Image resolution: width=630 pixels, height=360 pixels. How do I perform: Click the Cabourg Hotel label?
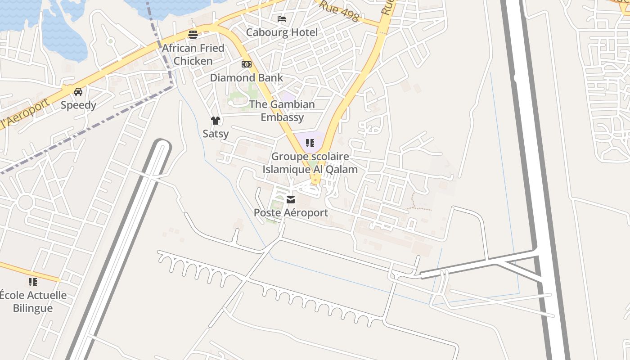click(x=282, y=32)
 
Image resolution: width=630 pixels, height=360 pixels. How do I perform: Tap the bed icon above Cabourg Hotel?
click(x=282, y=19)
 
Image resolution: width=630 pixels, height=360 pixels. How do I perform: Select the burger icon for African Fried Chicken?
click(x=193, y=35)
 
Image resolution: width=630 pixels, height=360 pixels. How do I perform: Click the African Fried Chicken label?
click(x=193, y=54)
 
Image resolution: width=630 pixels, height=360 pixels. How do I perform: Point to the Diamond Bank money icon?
click(x=246, y=64)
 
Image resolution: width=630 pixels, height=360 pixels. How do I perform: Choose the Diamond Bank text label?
click(x=247, y=78)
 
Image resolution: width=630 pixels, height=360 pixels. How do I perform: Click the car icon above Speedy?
click(x=78, y=92)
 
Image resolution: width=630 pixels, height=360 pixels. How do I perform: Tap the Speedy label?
click(x=78, y=105)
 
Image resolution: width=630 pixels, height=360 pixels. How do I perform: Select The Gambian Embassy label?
click(x=282, y=111)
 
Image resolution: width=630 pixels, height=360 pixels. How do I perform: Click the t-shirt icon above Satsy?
click(x=216, y=120)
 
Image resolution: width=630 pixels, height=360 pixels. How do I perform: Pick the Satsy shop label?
click(x=216, y=134)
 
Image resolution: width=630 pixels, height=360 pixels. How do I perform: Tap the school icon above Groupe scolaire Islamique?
click(x=310, y=143)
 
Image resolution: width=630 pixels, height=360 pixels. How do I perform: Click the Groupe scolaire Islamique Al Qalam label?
click(x=310, y=163)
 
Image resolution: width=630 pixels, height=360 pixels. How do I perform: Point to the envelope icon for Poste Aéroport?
click(x=291, y=199)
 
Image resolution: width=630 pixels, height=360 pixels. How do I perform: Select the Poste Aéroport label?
click(x=291, y=212)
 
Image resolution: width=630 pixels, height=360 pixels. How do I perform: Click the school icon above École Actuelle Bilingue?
click(x=32, y=282)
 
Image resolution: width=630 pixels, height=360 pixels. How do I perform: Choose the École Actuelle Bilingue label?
click(x=33, y=301)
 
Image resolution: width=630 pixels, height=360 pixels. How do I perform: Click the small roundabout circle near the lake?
click(x=110, y=41)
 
